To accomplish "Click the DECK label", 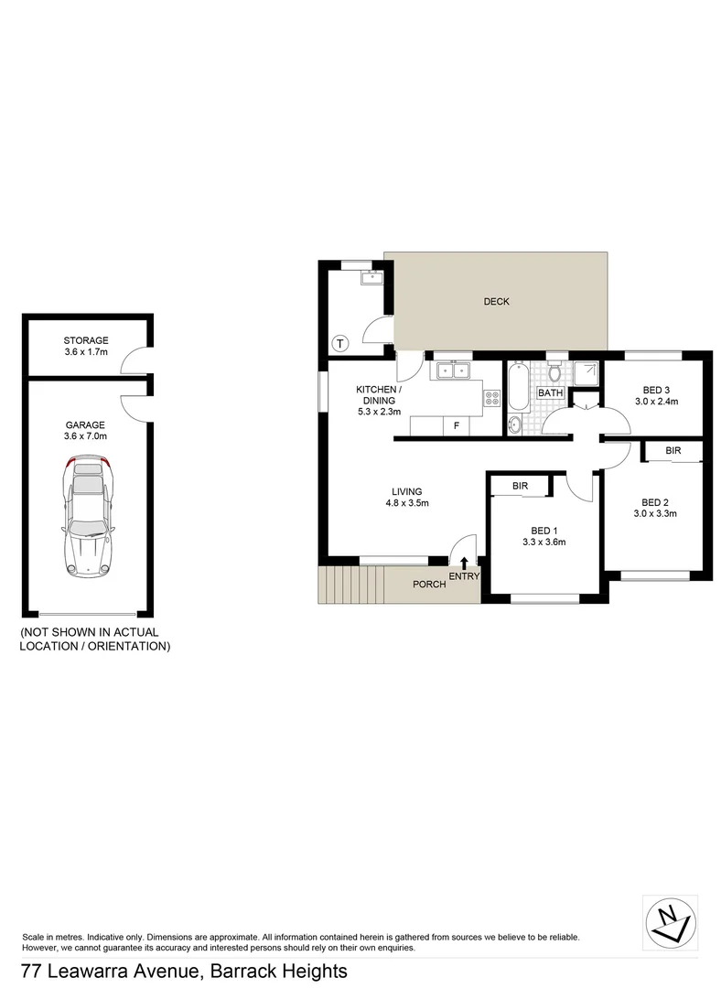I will [497, 302].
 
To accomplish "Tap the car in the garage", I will [88, 517].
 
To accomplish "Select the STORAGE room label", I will [86, 340].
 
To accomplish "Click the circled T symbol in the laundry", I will [340, 344].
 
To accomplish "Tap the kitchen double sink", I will [451, 370].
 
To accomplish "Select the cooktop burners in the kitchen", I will [492, 398].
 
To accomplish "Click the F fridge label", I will [456, 425].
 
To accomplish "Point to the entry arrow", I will [464, 564].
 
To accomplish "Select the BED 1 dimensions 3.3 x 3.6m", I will [543, 542].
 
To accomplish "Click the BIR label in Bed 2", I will [673, 451].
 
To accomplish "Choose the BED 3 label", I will [656, 390].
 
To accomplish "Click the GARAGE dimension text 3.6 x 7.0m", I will [86, 436].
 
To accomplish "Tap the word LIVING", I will [407, 491].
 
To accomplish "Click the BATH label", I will [551, 393].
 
